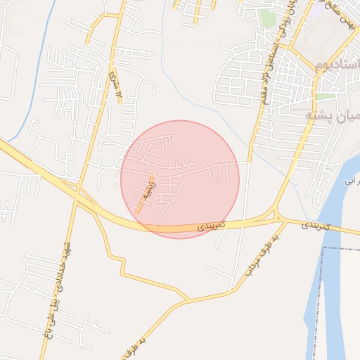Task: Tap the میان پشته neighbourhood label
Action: (x=331, y=115)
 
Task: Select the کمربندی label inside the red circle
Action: (x=210, y=226)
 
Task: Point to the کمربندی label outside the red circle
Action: (x=314, y=226)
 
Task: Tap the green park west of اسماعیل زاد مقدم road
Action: (x=266, y=17)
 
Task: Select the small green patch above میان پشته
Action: (x=325, y=96)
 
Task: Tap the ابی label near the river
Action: (x=349, y=181)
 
